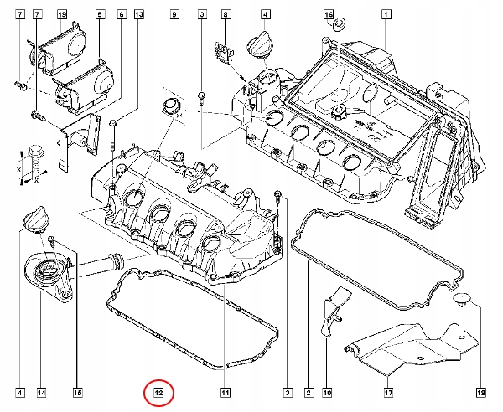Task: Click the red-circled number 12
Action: point(158,391)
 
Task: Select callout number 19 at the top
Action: point(61,15)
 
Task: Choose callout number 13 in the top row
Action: point(139,15)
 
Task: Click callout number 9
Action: point(174,15)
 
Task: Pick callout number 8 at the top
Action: point(225,15)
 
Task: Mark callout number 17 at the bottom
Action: point(388,391)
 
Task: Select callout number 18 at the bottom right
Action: point(480,391)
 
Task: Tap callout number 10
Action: point(328,391)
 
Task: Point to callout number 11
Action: point(225,391)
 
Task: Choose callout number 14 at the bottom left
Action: point(41,391)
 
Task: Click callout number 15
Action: point(78,391)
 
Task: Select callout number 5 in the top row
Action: point(100,15)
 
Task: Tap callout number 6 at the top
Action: point(122,15)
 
